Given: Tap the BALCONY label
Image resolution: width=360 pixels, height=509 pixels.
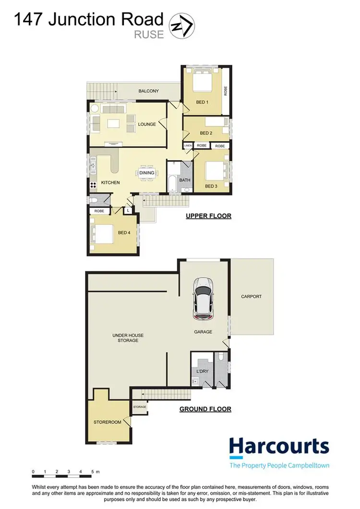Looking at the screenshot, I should [x=148, y=91].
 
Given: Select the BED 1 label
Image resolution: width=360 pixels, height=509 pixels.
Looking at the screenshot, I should [x=203, y=102].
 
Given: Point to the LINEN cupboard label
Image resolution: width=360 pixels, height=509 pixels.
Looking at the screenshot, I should [x=188, y=145].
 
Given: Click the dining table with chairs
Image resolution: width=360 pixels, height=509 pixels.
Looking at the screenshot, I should [x=147, y=173].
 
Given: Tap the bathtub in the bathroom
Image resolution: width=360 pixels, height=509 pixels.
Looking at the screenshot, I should [x=172, y=183].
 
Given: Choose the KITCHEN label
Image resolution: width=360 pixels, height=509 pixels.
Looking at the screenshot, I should [x=110, y=182].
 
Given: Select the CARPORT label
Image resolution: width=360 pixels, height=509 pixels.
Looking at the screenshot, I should [x=252, y=296].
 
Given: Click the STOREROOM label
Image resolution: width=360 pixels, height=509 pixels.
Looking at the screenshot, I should [x=108, y=422].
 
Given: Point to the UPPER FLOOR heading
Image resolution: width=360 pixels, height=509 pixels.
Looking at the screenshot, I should [x=208, y=216].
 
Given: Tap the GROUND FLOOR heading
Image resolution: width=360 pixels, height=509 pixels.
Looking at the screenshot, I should [x=205, y=409].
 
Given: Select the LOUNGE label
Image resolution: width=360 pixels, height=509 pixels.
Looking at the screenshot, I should [x=147, y=124].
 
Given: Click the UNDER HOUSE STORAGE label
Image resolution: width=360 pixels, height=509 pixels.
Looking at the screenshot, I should [x=128, y=338].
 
